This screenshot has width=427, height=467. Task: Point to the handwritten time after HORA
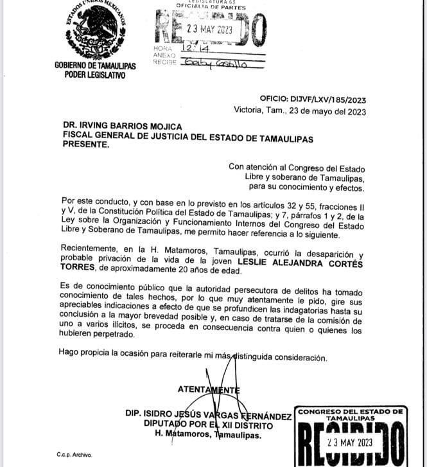[x=193, y=48]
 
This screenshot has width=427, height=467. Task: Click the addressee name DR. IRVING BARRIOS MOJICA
[x=123, y=126]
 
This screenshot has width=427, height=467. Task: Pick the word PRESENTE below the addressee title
[x=85, y=145]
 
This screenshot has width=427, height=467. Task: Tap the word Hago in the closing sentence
[x=68, y=351]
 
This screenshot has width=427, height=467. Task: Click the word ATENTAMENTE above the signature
[x=208, y=389]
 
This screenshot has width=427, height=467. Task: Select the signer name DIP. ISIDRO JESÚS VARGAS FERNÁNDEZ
[x=208, y=416]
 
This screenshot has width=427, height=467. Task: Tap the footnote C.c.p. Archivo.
[x=74, y=455]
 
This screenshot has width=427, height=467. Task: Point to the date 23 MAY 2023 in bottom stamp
[x=349, y=443]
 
